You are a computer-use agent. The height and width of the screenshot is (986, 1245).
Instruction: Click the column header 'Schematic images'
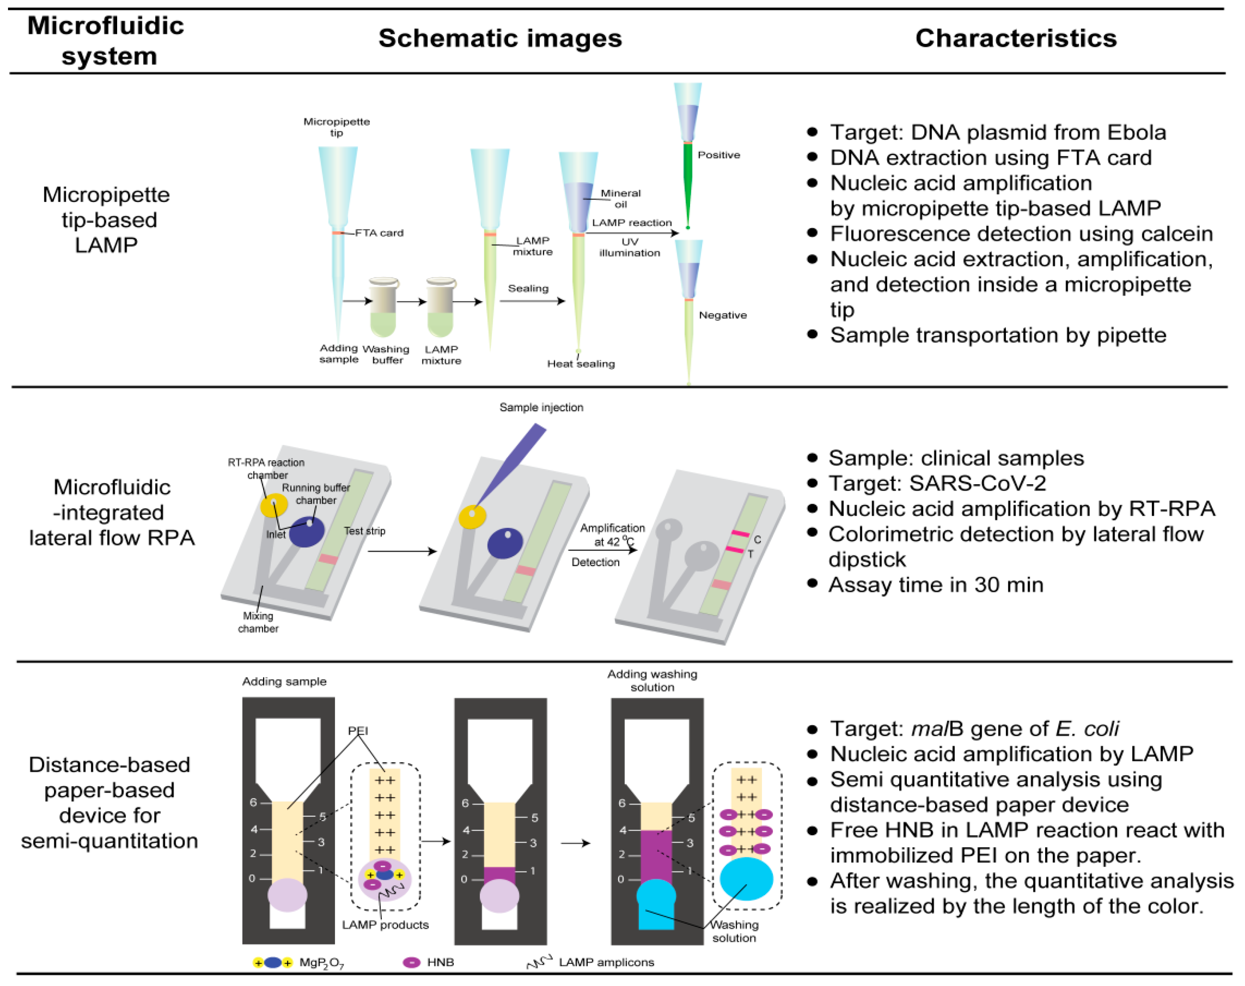pos(500,38)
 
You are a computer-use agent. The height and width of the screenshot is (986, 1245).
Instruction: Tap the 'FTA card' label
pos(379,233)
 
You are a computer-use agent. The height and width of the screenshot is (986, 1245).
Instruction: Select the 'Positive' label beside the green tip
pos(718,155)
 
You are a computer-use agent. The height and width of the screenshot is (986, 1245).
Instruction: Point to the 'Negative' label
pos(722,315)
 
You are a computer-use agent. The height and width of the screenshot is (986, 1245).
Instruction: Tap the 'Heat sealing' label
pos(581,364)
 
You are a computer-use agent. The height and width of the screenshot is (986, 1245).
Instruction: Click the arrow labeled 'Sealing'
pos(531,301)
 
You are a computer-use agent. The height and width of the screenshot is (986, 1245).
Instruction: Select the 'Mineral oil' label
pos(620,199)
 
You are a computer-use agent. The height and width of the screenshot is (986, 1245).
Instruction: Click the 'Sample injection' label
pos(541,407)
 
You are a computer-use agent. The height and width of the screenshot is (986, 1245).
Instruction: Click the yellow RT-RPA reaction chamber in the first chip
pos(273,506)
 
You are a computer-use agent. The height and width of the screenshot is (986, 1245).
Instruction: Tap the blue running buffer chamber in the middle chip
pos(505,543)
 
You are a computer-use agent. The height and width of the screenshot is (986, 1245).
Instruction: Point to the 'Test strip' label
pos(364,531)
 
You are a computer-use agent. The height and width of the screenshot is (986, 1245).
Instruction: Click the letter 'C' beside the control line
pos(757,540)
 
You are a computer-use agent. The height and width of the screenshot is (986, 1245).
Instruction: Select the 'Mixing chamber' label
pos(257,622)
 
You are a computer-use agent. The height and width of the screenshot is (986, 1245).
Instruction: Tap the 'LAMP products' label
pos(385,924)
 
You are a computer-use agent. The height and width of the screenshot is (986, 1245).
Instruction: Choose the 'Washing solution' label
pos(734,930)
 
